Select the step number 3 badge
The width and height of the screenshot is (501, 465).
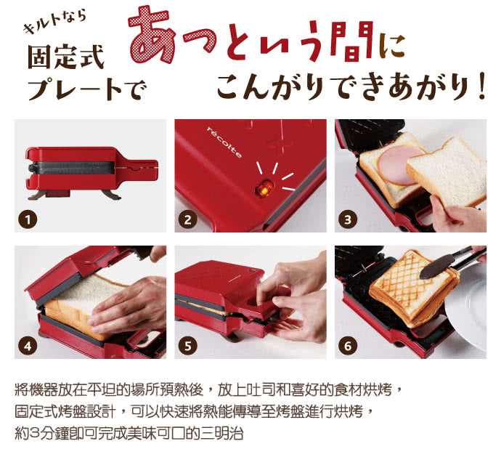tap(348, 219)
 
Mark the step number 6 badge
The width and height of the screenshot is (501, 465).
tap(348, 346)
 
